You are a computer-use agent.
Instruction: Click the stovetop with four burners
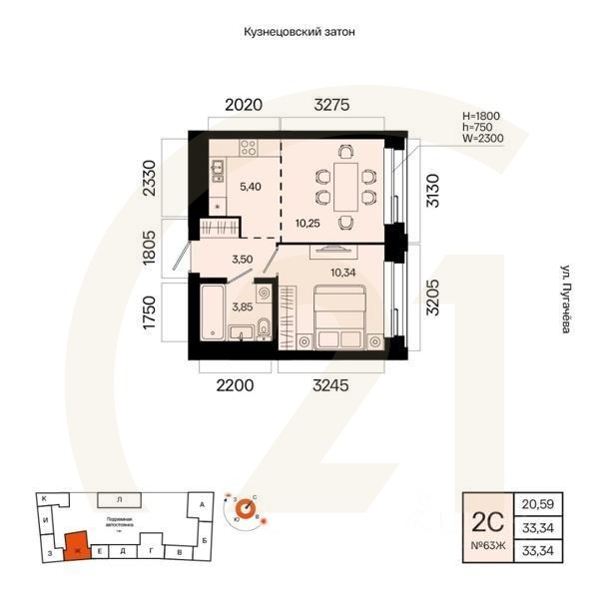246,148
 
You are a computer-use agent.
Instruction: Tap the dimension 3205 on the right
432,291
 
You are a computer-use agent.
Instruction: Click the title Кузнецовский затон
299,32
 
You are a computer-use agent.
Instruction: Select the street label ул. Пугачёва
565,299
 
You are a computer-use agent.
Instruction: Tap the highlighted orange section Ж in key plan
76,546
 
